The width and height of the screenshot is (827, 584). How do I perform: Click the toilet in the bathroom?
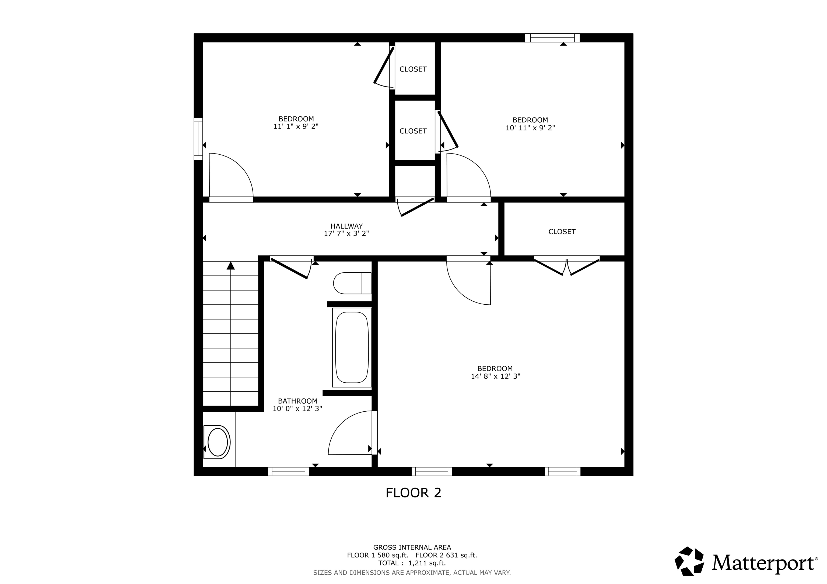[x=352, y=283]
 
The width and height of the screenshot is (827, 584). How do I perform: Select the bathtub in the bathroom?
[x=352, y=347]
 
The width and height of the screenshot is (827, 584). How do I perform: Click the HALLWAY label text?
[x=346, y=226]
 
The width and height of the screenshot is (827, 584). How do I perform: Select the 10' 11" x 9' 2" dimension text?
[x=530, y=127]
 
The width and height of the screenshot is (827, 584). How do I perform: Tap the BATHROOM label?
[x=297, y=401]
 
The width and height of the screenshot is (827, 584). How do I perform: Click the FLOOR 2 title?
[x=413, y=493]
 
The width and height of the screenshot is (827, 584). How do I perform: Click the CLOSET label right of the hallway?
[x=562, y=232]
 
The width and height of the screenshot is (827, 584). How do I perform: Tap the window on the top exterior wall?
[x=552, y=38]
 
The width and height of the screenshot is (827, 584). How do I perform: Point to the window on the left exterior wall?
[x=198, y=138]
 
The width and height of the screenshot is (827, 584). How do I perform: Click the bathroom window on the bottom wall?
[x=289, y=471]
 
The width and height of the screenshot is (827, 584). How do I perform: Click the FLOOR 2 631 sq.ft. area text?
[x=446, y=555]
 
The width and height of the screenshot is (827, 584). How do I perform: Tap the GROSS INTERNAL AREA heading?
[x=412, y=547]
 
